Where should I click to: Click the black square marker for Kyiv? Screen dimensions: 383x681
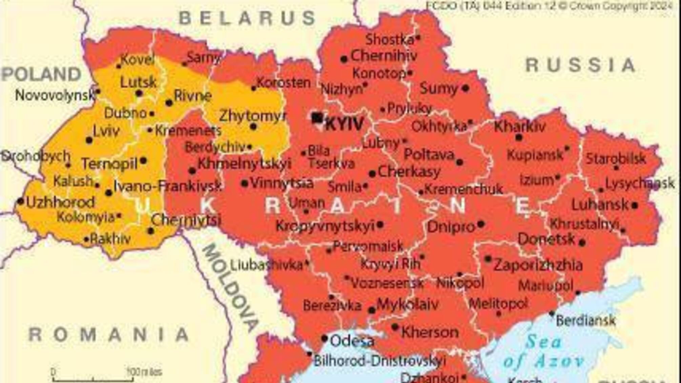point(317,118)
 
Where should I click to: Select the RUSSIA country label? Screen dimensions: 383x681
point(580,65)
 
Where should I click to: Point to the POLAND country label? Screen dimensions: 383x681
point(41,74)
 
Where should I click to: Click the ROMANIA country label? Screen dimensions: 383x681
point(109,335)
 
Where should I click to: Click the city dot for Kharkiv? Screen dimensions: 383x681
point(519,137)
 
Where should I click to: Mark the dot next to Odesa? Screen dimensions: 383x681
point(324,338)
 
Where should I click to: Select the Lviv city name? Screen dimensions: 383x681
point(106,131)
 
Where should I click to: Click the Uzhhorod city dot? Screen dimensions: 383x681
point(21,201)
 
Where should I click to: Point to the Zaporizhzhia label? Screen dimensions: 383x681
point(538,265)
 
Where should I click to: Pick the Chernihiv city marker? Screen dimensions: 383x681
point(344,59)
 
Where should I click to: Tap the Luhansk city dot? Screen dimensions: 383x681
point(635,205)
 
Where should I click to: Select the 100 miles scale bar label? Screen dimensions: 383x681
point(144,372)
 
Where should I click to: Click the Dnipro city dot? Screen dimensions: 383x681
point(480,224)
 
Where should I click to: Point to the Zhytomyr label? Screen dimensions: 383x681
point(253,116)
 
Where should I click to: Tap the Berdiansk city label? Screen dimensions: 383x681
point(585,320)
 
